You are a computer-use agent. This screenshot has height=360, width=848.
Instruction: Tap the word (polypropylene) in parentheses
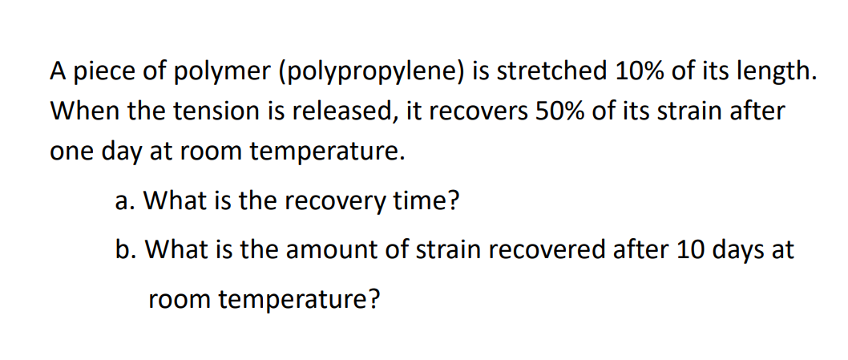click(371, 72)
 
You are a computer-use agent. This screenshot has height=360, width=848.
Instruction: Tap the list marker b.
click(122, 250)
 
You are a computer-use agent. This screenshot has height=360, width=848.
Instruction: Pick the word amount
click(310, 250)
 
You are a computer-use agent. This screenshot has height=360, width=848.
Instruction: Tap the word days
click(717, 250)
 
